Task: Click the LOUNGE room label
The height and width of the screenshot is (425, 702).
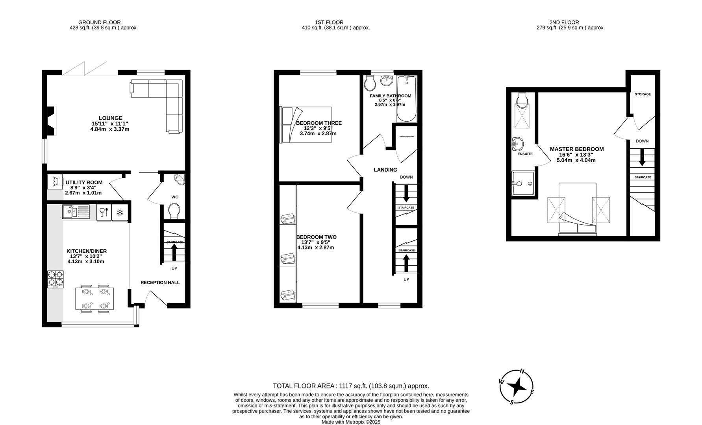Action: [x=110, y=118]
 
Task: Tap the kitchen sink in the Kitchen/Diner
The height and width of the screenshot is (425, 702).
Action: [x=76, y=212]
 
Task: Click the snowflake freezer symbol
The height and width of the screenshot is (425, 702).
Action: [x=120, y=213]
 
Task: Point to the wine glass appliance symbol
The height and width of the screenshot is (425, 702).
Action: [x=104, y=213]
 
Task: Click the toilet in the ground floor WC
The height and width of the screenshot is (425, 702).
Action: [x=174, y=210]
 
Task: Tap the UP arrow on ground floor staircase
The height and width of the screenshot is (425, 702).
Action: [x=174, y=252]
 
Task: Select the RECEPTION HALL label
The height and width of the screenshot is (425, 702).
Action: [x=160, y=283]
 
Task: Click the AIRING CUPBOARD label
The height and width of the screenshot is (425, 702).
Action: [x=406, y=137]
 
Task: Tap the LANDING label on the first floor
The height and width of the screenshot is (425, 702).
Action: [x=385, y=170]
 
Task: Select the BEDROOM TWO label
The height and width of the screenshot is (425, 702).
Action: [x=316, y=237]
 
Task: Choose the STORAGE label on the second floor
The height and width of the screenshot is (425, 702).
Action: [x=643, y=94]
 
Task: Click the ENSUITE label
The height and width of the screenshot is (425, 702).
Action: [x=525, y=154]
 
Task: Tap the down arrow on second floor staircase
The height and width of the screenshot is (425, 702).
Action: [x=642, y=157]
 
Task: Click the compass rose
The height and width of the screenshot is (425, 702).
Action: [x=517, y=387]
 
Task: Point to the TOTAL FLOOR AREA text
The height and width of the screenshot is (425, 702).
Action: [x=351, y=386]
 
